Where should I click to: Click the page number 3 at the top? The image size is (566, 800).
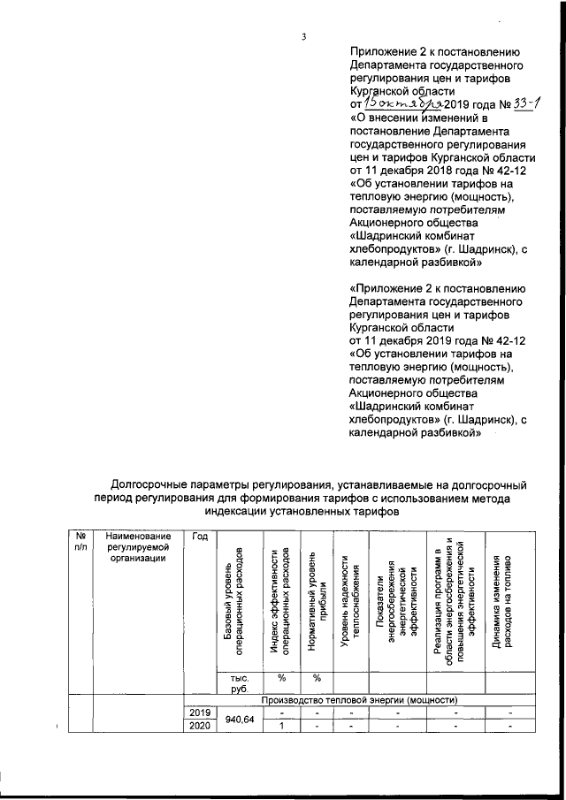click(x=303, y=36)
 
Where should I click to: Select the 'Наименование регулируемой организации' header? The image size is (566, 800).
click(x=137, y=547)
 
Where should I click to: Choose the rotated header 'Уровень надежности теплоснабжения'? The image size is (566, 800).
click(x=351, y=601)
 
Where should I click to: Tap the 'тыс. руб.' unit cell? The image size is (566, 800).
click(x=234, y=682)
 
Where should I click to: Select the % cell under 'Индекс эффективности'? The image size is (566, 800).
click(x=280, y=678)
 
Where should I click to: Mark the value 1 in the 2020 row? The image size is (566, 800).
click(x=280, y=727)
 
